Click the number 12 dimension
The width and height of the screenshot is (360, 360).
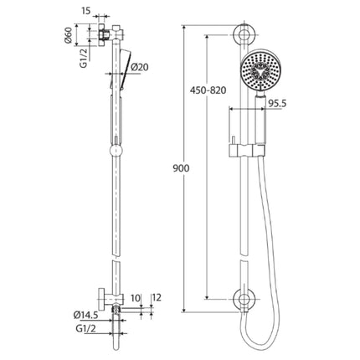tap(156, 299)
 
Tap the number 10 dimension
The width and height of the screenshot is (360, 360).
tap(137, 299)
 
